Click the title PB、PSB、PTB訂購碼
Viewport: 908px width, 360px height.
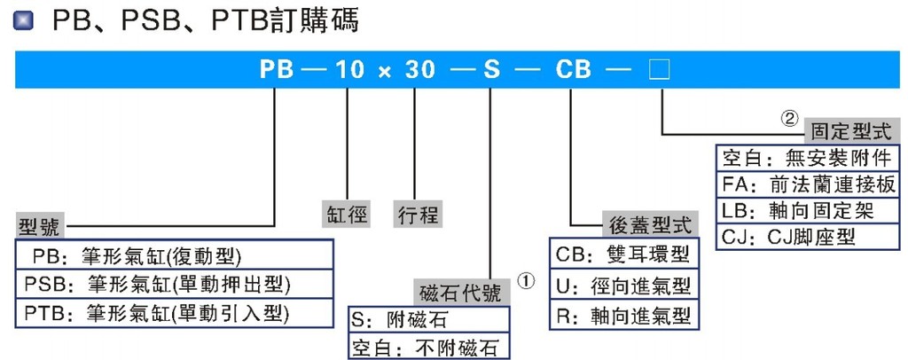click(x=206, y=20)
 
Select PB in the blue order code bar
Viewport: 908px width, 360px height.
click(x=277, y=70)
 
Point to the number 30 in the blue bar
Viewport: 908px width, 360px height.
click(x=415, y=70)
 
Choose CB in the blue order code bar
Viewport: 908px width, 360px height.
click(x=572, y=70)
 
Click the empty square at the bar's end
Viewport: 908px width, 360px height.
click(x=661, y=70)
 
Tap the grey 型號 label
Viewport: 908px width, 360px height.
click(x=40, y=226)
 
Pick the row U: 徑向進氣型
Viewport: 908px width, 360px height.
click(x=621, y=286)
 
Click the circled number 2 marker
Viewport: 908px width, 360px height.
click(x=788, y=117)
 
